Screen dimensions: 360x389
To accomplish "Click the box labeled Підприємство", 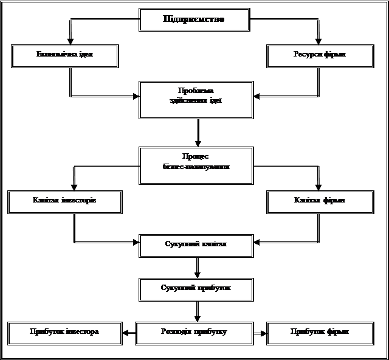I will point(194,19).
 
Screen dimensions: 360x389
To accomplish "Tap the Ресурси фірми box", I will point(320,55).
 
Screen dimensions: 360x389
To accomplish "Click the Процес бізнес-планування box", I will point(196,164).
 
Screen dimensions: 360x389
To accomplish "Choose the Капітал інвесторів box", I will point(66,201).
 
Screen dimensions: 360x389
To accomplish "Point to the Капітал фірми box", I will point(320,201).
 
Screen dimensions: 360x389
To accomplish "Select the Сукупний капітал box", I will point(196,244).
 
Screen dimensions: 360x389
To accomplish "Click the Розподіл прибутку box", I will point(194,332).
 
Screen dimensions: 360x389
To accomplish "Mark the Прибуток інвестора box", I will point(64,332).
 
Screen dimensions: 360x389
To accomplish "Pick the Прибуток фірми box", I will point(320,332).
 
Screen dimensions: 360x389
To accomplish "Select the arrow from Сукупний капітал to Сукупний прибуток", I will point(198,267).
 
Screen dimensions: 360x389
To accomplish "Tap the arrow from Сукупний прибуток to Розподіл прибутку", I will point(198,311).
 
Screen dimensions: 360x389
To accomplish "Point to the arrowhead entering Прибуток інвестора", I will point(125,332).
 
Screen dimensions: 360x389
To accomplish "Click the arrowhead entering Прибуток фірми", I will point(263,332).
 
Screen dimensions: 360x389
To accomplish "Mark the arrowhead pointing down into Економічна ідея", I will point(71,40).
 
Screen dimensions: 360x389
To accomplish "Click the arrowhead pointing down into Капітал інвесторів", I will point(74,186).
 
